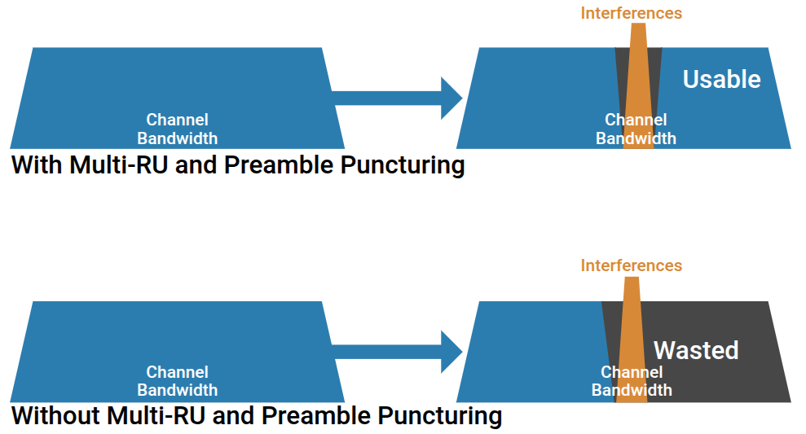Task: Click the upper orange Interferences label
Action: click(632, 13)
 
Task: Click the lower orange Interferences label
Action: click(632, 265)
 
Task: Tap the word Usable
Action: click(722, 79)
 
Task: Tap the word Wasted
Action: click(696, 350)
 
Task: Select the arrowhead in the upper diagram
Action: click(451, 98)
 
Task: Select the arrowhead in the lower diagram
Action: click(451, 352)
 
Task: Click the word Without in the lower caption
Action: click(55, 415)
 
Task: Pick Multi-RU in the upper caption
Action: click(119, 164)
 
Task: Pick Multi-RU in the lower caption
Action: click(156, 415)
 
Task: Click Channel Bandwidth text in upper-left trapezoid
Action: click(178, 129)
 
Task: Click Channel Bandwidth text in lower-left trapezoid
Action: click(178, 381)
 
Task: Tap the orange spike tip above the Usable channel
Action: click(638, 24)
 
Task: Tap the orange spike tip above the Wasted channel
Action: click(632, 278)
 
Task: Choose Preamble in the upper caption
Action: click(279, 164)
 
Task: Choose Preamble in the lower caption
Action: click(316, 415)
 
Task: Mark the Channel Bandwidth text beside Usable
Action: click(636, 129)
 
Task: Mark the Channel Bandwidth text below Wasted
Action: click(632, 381)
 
